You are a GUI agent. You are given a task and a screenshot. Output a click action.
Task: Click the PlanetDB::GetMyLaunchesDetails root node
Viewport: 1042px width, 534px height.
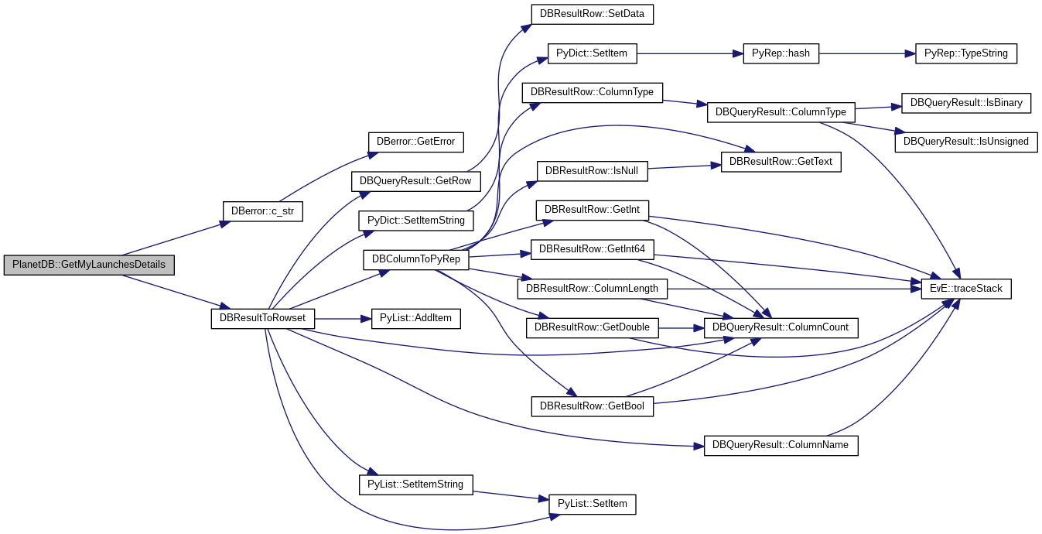89,265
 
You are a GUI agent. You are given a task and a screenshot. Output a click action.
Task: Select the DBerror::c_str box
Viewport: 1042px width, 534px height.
263,211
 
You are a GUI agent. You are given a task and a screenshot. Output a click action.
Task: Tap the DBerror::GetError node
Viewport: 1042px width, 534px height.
416,142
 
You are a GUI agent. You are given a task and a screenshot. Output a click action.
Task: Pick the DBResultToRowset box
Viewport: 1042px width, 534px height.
263,318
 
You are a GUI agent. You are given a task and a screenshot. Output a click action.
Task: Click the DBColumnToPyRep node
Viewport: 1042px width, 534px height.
416,259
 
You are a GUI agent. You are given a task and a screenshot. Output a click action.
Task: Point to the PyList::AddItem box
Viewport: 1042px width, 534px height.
416,318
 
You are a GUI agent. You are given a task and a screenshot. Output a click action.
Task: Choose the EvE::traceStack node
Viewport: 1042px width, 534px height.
966,289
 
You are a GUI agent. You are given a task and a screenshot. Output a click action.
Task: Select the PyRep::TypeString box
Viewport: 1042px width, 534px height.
966,53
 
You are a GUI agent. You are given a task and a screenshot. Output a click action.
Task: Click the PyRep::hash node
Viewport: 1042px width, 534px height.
781,53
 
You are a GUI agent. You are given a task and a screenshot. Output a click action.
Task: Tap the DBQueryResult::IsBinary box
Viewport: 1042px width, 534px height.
966,103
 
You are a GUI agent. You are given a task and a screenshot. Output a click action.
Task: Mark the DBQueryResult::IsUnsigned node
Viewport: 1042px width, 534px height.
966,142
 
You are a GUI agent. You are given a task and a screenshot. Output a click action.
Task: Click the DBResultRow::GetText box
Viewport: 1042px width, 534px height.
781,162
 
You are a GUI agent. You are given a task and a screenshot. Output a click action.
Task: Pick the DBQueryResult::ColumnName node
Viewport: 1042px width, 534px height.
781,446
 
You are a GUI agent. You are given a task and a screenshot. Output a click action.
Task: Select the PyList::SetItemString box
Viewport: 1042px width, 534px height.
416,484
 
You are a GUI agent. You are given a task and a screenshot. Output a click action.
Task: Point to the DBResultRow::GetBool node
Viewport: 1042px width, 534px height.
593,406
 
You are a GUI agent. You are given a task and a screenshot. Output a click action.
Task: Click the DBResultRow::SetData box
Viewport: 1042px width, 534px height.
593,15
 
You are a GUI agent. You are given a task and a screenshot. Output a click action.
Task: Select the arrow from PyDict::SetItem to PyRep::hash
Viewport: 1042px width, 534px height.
690,54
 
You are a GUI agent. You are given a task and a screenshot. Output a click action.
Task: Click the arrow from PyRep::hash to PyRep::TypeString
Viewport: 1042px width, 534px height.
867,54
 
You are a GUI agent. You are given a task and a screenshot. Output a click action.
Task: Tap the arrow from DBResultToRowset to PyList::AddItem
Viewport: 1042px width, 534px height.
343,319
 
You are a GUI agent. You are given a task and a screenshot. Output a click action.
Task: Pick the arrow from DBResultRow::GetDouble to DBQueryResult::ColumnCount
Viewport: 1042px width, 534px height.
682,328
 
